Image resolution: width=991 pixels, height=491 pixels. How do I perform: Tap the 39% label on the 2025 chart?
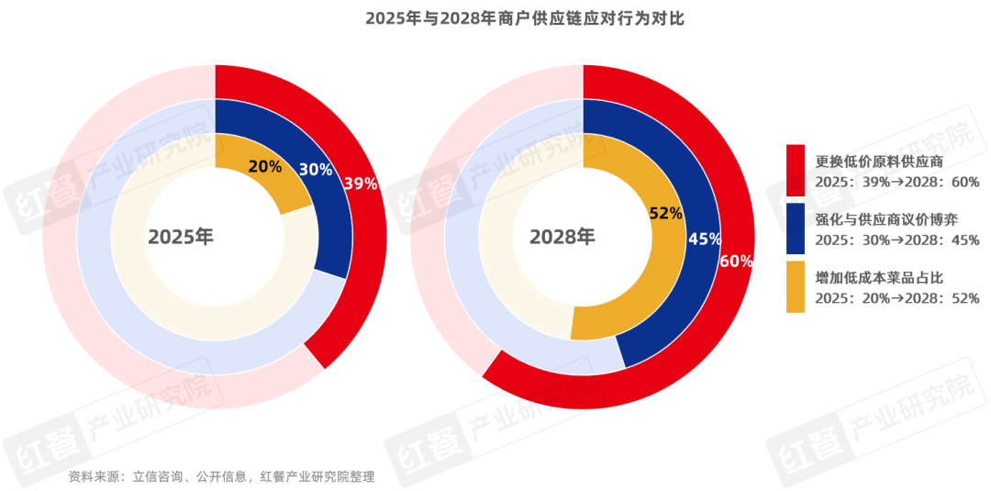click(x=360, y=184)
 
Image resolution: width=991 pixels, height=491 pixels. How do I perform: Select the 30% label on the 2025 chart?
click(x=316, y=170)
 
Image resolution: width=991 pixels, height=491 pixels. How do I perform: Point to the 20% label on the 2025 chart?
click(x=265, y=166)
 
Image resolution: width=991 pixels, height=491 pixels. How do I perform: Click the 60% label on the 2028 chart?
click(x=736, y=262)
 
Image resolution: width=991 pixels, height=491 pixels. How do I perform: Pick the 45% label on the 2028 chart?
click(x=704, y=240)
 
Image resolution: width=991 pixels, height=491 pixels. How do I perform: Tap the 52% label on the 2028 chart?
click(x=665, y=214)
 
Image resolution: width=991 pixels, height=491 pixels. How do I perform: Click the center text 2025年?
click(x=181, y=237)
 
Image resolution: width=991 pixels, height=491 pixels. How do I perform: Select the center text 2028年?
click(x=562, y=237)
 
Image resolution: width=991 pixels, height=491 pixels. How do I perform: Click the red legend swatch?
click(x=796, y=170)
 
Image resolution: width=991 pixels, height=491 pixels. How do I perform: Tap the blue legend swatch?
click(x=796, y=229)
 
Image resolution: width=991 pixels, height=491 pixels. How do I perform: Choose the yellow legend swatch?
click(x=796, y=286)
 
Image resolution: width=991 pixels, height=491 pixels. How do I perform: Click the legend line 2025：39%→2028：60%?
click(x=897, y=182)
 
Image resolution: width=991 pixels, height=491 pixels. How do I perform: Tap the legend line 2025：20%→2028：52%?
click(x=897, y=297)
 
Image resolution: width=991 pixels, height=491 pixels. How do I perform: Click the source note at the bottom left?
click(x=221, y=477)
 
